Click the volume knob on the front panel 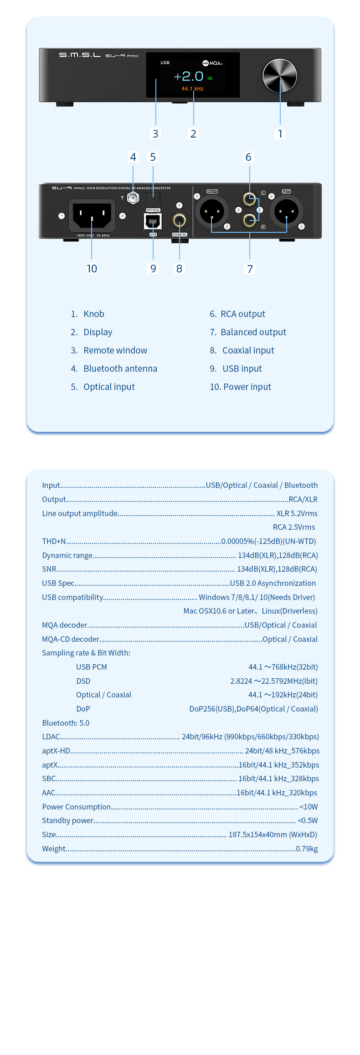point(280,76)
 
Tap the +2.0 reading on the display point(189,76)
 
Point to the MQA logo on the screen point(212,63)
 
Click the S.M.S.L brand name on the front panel point(80,55)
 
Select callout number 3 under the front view point(155,133)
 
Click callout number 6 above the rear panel point(248,157)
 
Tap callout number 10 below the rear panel point(92,269)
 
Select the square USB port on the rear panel point(153,222)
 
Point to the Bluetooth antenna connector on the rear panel point(133,198)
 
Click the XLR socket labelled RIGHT point(212,211)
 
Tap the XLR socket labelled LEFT point(286,211)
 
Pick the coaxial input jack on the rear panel point(179,221)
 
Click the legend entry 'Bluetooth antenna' point(120,369)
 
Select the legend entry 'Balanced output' point(253,332)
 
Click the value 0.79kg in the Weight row point(307,849)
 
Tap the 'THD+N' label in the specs point(54,541)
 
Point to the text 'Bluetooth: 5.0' point(66,723)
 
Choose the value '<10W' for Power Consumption point(309,807)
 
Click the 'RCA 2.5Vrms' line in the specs point(294,527)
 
